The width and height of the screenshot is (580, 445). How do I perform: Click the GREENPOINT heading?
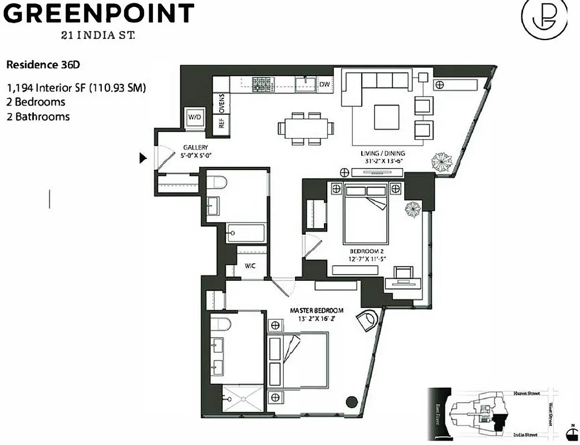click(x=99, y=13)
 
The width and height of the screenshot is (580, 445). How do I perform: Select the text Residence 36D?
click(x=43, y=65)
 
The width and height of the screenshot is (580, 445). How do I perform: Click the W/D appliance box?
click(x=195, y=117)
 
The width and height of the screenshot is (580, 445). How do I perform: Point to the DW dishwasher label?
click(x=325, y=85)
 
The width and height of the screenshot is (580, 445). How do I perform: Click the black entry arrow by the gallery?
click(x=143, y=159)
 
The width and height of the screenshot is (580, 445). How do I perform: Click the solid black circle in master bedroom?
click(x=351, y=400)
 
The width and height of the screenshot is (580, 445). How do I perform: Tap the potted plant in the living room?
click(x=443, y=162)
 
